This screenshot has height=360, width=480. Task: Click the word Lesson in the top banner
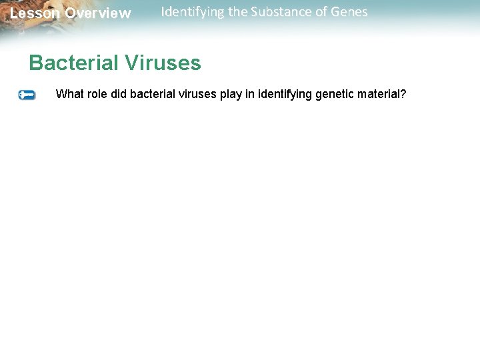(35, 13)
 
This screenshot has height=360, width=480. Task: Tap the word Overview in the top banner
(98, 13)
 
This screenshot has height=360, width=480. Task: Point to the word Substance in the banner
(279, 11)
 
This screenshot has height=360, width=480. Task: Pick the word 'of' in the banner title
(317, 11)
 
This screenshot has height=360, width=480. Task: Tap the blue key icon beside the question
(27, 95)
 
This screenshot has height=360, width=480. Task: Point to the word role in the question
(97, 94)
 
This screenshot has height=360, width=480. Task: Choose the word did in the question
(119, 94)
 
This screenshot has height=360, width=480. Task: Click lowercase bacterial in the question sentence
(153, 94)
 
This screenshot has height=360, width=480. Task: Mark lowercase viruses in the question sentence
(198, 94)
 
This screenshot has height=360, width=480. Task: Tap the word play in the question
(231, 95)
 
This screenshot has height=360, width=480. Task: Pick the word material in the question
(379, 94)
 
